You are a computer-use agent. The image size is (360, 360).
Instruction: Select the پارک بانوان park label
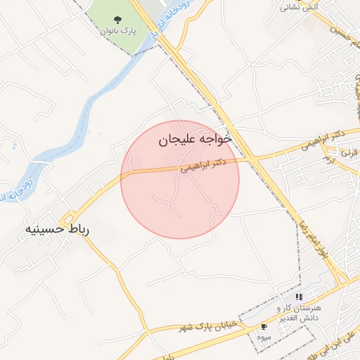pyautogui.click(x=117, y=31)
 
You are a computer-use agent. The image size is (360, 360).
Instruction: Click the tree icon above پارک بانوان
pyautogui.click(x=117, y=19)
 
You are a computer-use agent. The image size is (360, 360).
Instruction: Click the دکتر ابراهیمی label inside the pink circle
pyautogui.click(x=205, y=165)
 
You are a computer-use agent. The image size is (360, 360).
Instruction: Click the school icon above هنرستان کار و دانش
pyautogui.click(x=300, y=297)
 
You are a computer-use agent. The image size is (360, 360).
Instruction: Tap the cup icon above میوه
pyautogui.click(x=264, y=327)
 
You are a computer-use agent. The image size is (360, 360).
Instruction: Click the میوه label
pyautogui.click(x=264, y=337)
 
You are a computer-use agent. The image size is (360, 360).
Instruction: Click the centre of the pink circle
pyautogui.click(x=180, y=179)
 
